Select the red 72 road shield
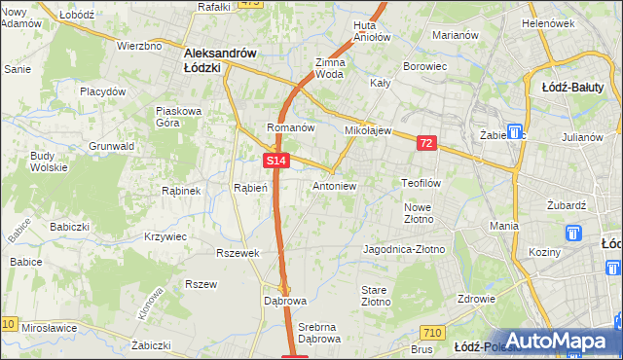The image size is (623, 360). [x=426, y=143]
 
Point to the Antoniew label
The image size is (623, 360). [x=335, y=185]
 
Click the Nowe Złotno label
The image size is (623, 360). [x=418, y=213]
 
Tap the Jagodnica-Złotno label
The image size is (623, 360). [x=403, y=249]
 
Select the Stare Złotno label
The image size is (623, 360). [x=375, y=296]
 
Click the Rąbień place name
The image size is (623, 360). [x=250, y=188]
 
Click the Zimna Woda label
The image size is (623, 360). [x=330, y=67]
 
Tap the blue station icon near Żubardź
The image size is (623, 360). [x=573, y=234]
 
